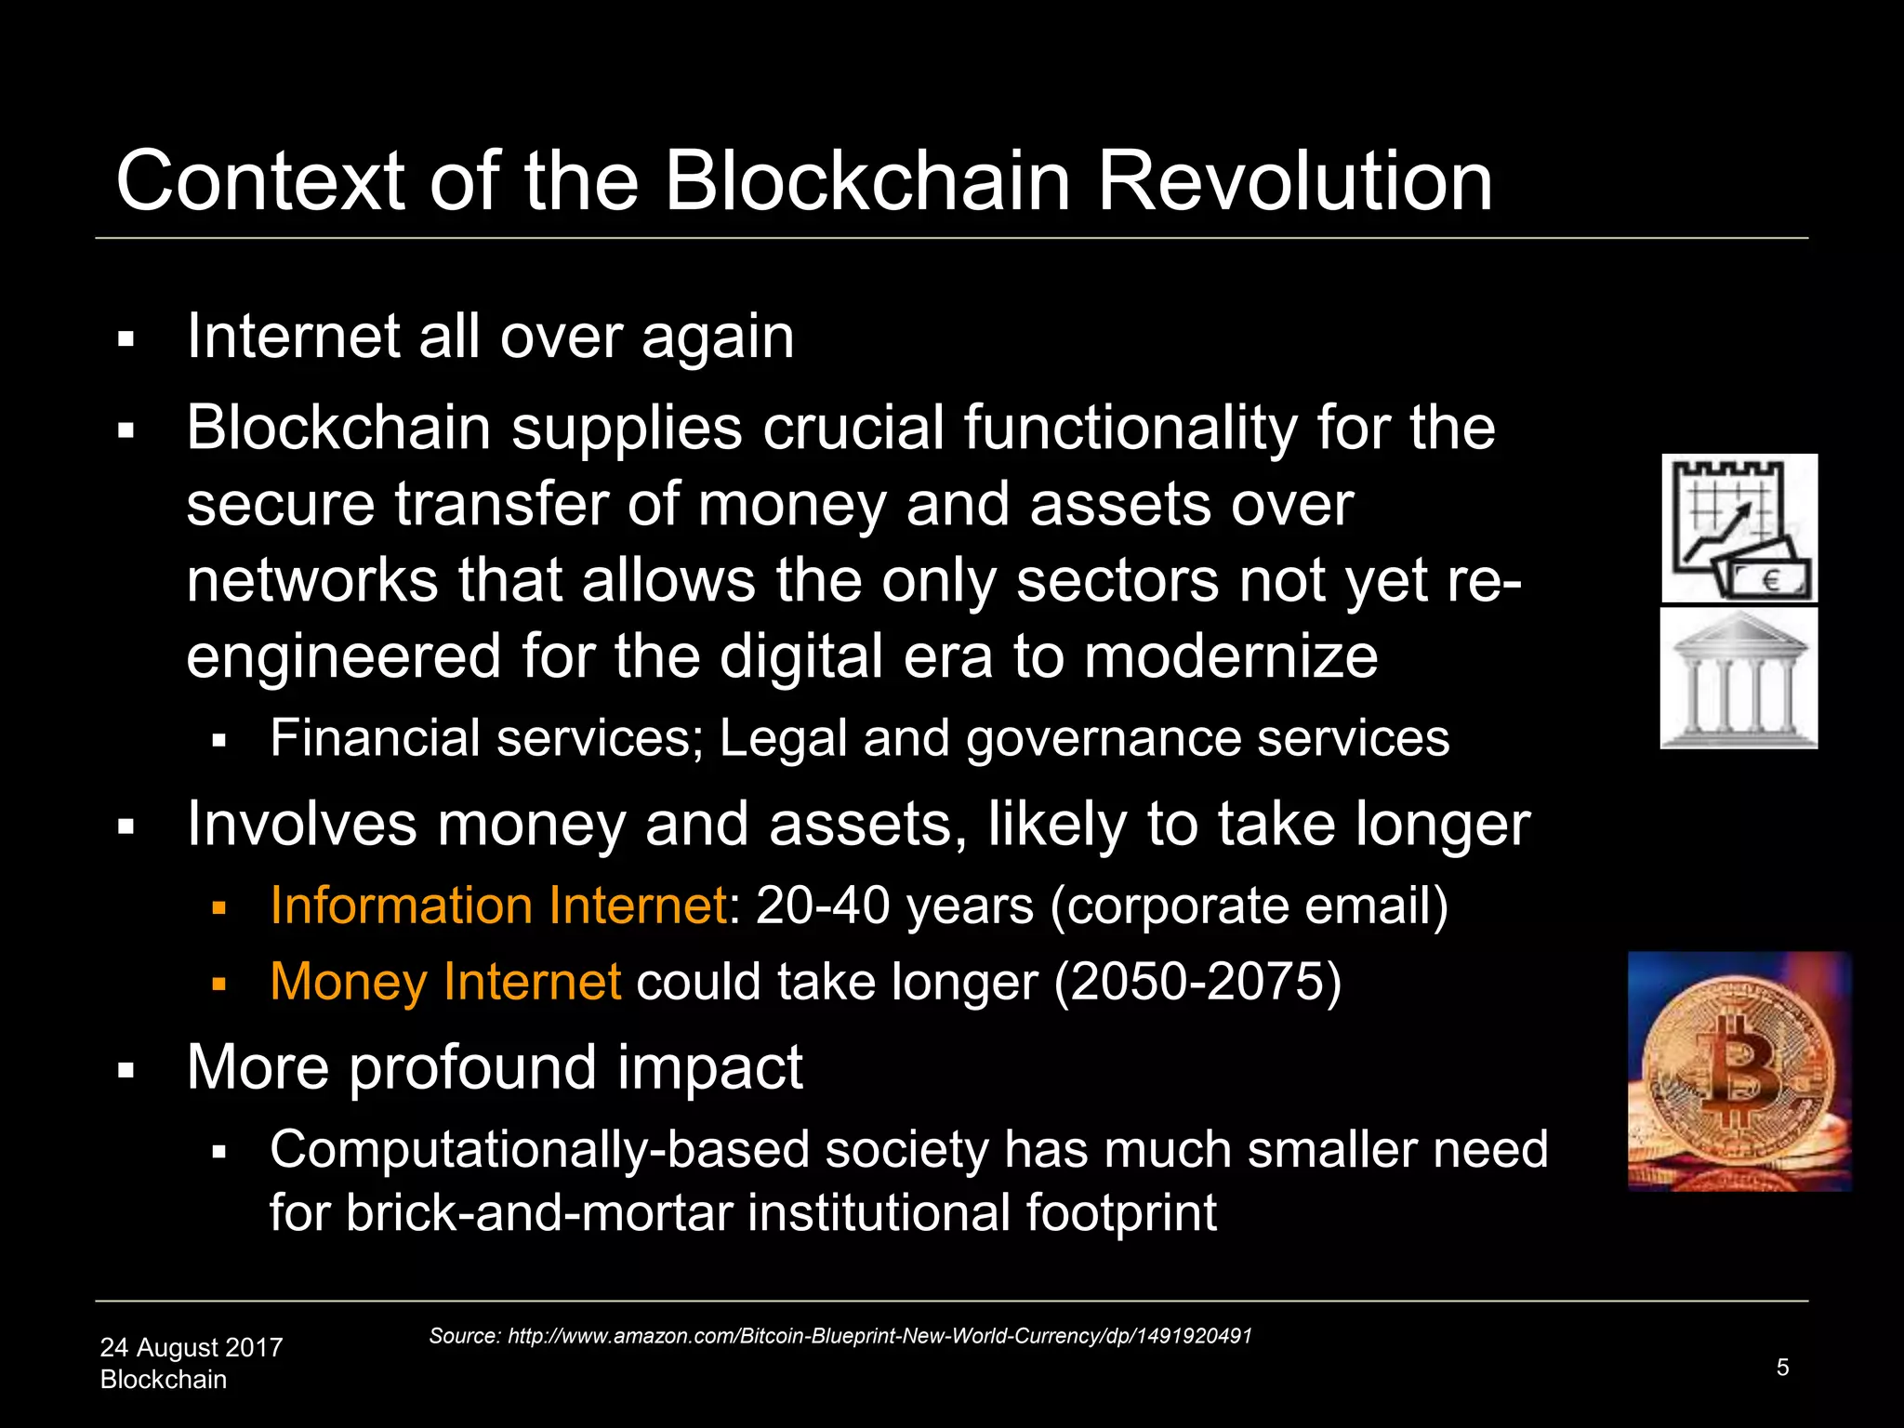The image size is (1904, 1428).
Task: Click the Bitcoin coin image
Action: click(x=1739, y=1071)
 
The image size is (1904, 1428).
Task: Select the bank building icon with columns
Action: click(x=1739, y=679)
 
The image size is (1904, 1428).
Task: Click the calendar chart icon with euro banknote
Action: click(x=1739, y=528)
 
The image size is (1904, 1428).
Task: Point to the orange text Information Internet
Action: click(x=498, y=906)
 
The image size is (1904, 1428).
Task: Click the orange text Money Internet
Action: click(x=445, y=982)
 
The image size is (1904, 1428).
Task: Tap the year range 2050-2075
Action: click(x=1197, y=982)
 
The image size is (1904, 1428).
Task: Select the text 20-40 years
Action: click(x=894, y=906)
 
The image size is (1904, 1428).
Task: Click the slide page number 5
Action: click(x=1781, y=1367)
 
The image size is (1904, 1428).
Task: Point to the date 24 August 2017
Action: click(x=192, y=1347)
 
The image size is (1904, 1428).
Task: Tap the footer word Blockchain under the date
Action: click(x=164, y=1380)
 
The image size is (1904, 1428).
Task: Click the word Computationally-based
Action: click(x=539, y=1150)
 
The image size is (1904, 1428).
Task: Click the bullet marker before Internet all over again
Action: click(x=126, y=339)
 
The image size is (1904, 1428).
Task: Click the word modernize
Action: click(x=1231, y=656)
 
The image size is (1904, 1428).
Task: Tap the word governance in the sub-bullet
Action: click(x=1103, y=739)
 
